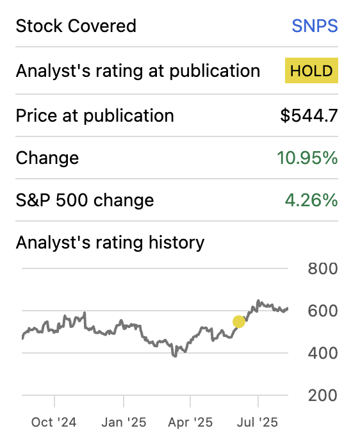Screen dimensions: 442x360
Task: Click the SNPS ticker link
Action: [315, 26]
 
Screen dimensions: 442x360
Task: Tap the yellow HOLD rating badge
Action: [311, 71]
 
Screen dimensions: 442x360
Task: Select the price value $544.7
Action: [309, 116]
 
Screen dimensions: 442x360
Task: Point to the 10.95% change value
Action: [307, 158]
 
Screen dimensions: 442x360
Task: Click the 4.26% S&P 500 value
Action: [311, 200]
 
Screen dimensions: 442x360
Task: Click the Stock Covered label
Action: [76, 26]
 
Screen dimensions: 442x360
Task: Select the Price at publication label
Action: [95, 116]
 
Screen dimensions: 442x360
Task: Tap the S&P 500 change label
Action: [85, 200]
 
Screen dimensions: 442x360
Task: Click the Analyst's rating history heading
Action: [110, 243]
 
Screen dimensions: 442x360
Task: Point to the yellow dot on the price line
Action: [239, 322]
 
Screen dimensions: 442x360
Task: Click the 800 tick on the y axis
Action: [323, 268]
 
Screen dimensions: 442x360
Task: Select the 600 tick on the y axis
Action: [323, 311]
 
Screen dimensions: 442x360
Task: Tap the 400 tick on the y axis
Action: [323, 353]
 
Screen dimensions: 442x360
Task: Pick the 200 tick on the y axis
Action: [323, 395]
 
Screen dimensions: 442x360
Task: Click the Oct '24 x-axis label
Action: [54, 422]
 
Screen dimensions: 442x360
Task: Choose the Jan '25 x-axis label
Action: [124, 422]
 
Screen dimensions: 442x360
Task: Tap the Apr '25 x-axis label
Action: [190, 422]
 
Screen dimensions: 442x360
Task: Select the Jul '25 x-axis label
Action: [258, 422]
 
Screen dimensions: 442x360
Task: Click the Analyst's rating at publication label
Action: [138, 71]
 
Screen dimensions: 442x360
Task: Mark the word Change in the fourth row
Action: [47, 158]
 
